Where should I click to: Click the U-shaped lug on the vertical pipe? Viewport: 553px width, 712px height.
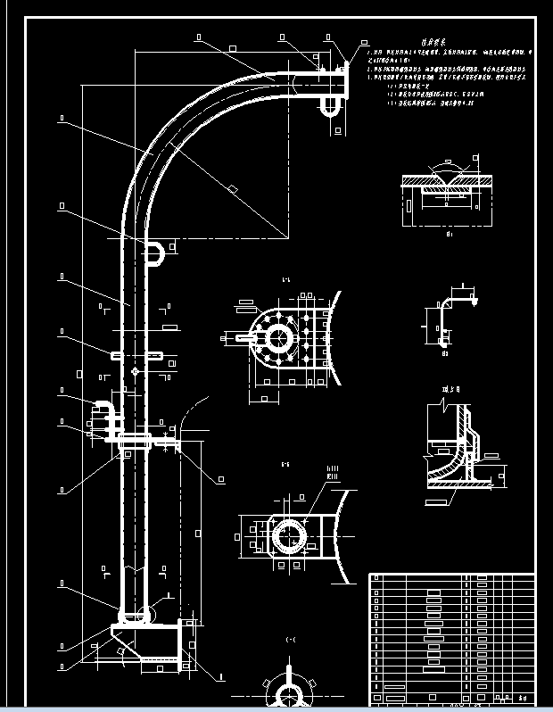[154, 252]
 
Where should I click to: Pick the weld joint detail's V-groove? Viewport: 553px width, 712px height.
[444, 185]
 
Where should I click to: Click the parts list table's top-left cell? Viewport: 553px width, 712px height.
[376, 579]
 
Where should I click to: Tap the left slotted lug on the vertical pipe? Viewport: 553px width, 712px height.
[116, 355]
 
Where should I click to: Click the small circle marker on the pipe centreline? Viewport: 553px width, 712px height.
[135, 370]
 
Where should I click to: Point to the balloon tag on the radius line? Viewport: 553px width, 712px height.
[231, 187]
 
